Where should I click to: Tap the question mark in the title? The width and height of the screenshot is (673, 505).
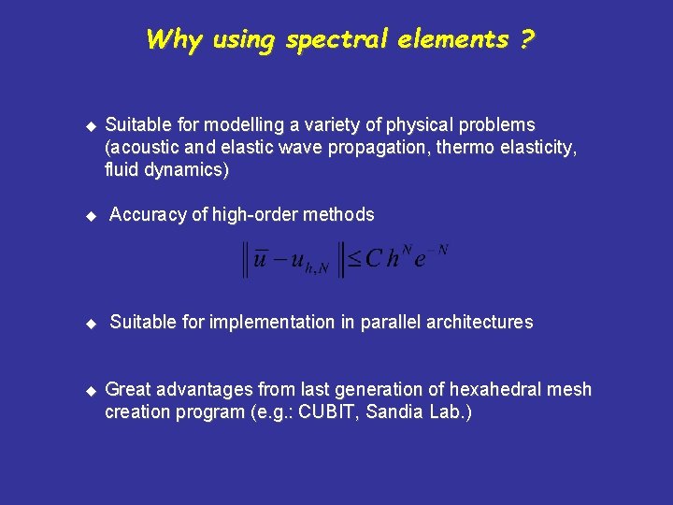(x=528, y=40)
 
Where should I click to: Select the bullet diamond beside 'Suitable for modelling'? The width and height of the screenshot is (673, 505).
(x=91, y=125)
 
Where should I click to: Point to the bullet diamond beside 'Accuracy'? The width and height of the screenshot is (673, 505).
(x=91, y=216)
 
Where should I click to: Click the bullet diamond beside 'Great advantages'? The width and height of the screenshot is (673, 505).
(x=91, y=390)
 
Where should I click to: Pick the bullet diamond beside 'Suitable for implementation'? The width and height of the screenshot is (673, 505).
(x=91, y=324)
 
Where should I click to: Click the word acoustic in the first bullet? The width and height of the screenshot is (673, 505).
(x=141, y=148)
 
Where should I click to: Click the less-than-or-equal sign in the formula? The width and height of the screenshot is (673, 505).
(x=354, y=259)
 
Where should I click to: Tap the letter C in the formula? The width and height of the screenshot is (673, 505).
(x=374, y=259)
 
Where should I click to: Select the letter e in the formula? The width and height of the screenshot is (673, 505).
(x=420, y=261)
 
